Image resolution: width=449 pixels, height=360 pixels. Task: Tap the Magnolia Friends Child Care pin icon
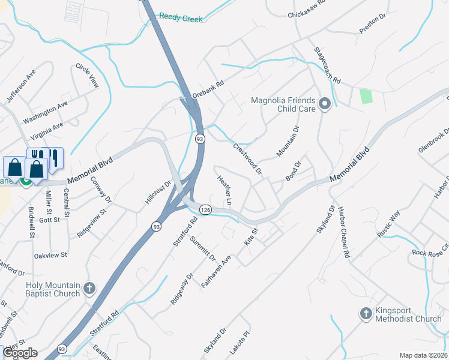pyautogui.click(x=325, y=104)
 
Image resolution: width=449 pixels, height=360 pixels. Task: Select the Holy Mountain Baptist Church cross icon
pyautogui.click(x=89, y=289)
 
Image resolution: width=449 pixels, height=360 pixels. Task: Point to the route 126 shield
pyautogui.click(x=205, y=210)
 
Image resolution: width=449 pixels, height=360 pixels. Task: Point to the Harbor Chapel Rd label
pyautogui.click(x=343, y=233)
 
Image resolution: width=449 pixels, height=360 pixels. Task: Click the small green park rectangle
pyautogui.click(x=365, y=96)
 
